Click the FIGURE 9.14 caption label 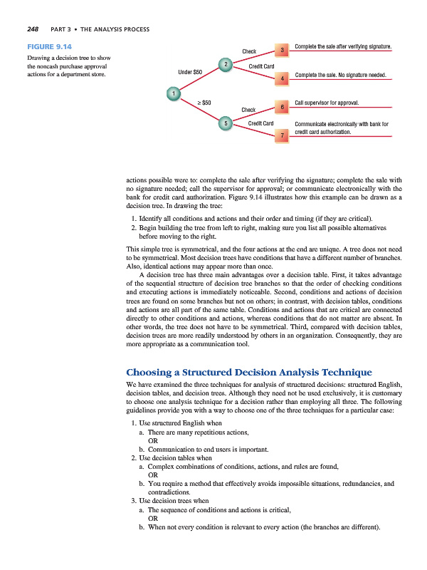[48, 46]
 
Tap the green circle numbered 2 [226, 65]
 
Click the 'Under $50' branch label [190, 72]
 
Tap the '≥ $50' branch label [204, 103]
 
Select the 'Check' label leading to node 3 [249, 51]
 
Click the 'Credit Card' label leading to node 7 [260, 124]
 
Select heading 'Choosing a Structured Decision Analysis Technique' [249, 373]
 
